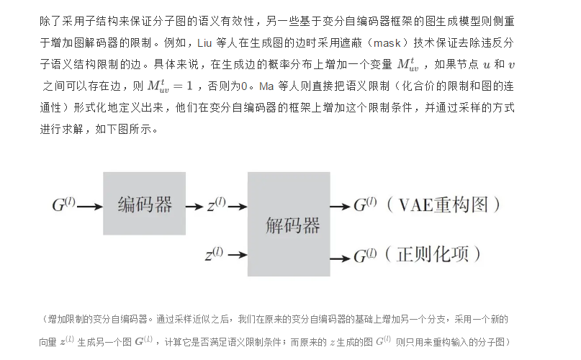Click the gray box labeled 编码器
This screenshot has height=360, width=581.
(x=145, y=204)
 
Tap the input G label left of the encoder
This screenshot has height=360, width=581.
(x=63, y=205)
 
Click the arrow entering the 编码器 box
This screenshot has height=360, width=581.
(x=89, y=206)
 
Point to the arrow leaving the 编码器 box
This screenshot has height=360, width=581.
(x=194, y=206)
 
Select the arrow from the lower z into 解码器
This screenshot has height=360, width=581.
(x=236, y=255)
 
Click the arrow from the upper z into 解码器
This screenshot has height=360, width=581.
(x=237, y=206)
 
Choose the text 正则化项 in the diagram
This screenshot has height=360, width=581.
(x=432, y=254)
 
